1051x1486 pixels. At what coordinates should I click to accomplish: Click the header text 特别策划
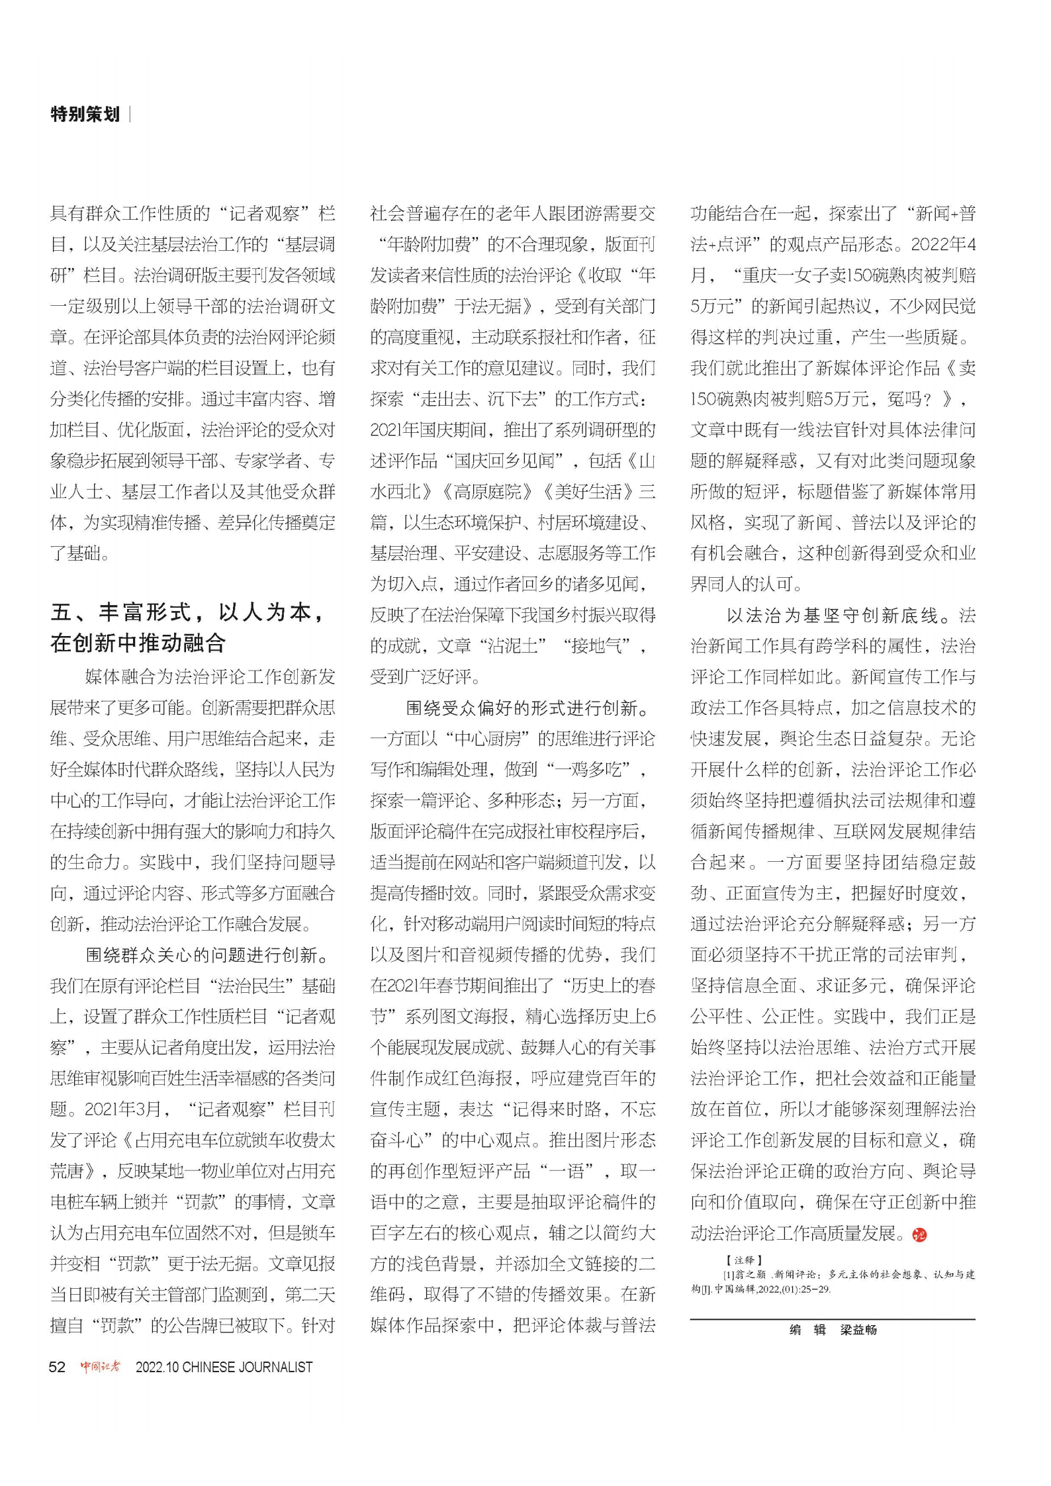pyautogui.click(x=85, y=115)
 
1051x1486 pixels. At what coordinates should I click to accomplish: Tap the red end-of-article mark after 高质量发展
pyautogui.click(x=919, y=1234)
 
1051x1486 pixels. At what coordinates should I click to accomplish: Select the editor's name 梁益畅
pyautogui.click(x=858, y=1330)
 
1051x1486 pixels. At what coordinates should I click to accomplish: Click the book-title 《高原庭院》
pyautogui.click(x=486, y=492)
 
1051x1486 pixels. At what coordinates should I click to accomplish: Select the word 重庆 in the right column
pyautogui.click(x=760, y=275)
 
